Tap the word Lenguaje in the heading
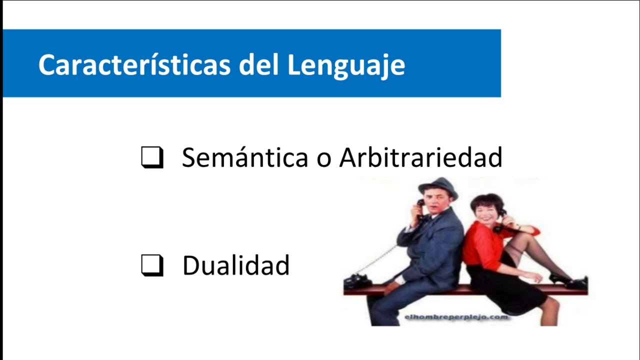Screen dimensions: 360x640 click(x=346, y=65)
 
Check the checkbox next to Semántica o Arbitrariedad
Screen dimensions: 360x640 click(x=152, y=157)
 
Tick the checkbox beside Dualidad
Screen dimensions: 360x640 click(x=152, y=265)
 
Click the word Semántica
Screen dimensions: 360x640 click(x=245, y=157)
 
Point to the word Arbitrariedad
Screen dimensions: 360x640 click(x=420, y=157)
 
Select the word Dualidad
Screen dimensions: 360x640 click(x=236, y=265)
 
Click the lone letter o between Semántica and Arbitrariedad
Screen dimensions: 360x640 click(x=324, y=158)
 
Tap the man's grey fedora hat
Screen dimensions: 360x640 click(x=438, y=187)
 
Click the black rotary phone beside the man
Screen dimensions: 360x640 click(x=358, y=281)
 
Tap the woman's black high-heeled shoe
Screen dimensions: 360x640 click(x=560, y=278)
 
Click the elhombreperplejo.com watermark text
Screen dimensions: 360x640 click(x=456, y=317)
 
